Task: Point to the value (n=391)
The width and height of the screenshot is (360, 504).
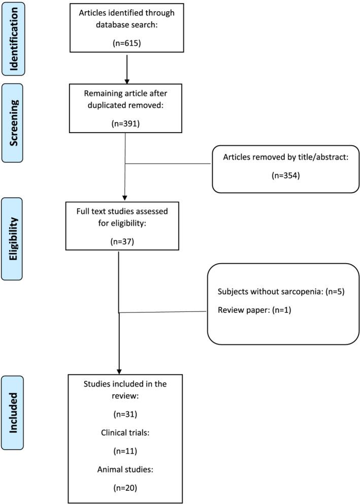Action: (x=125, y=123)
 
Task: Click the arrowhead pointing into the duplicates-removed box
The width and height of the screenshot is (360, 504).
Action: (x=126, y=81)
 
